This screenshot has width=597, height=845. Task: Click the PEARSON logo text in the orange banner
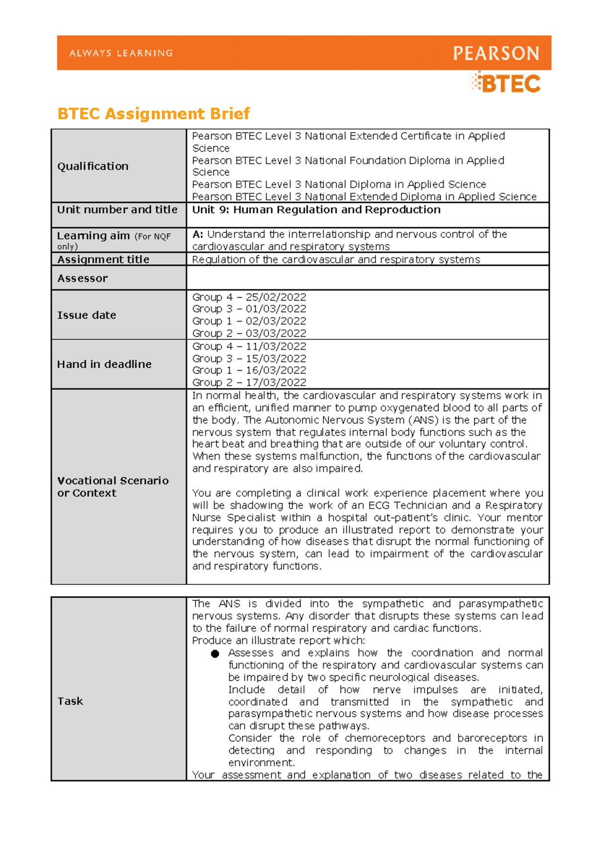click(x=496, y=53)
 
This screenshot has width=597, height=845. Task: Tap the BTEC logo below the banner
click(x=505, y=83)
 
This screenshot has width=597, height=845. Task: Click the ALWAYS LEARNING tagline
click(x=121, y=53)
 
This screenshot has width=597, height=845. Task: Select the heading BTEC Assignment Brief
click(x=153, y=113)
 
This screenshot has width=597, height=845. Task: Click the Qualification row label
click(x=93, y=166)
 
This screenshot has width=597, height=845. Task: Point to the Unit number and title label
click(x=117, y=210)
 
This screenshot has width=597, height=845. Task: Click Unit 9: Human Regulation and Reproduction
click(x=316, y=210)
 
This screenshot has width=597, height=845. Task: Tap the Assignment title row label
click(x=103, y=259)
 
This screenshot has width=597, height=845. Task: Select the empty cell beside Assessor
click(x=367, y=278)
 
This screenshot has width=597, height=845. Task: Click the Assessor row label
click(x=82, y=278)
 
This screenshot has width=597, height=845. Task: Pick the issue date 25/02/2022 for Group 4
click(x=276, y=297)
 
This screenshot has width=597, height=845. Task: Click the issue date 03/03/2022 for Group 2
click(x=276, y=333)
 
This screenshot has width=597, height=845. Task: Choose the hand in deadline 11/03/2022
click(x=276, y=346)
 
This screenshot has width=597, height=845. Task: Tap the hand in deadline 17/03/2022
click(x=276, y=382)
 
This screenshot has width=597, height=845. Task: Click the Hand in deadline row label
click(x=104, y=364)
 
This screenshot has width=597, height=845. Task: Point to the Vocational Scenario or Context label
click(x=112, y=487)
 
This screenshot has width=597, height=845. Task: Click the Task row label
click(x=70, y=701)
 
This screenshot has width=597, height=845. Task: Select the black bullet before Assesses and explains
click(x=215, y=653)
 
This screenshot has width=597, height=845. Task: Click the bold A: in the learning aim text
click(x=198, y=234)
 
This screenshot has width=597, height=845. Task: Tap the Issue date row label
click(x=86, y=315)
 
